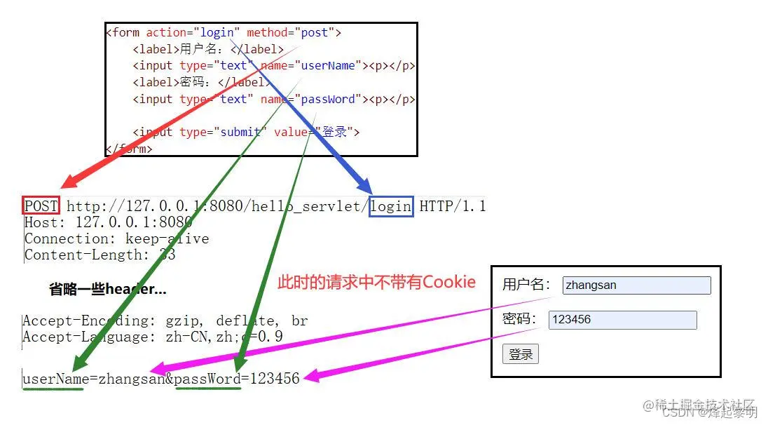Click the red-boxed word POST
tap(41, 205)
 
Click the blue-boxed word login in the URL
tap(391, 205)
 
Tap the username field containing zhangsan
tap(636, 285)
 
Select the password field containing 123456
tap(622, 320)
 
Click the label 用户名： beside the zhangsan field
tap(526, 285)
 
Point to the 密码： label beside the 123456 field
tap(519, 320)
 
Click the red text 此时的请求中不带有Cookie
tap(376, 282)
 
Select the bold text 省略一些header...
tap(107, 289)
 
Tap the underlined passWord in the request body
tap(207, 379)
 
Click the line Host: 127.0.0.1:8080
tap(108, 222)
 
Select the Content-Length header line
tap(100, 255)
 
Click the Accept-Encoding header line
tap(165, 321)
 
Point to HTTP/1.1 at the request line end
tap(452, 205)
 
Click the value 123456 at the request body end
tap(274, 379)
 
